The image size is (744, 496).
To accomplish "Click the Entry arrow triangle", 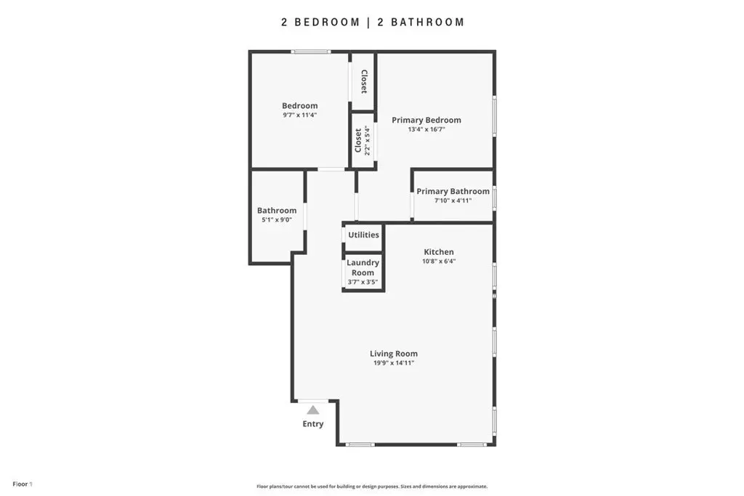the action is [x=312, y=410].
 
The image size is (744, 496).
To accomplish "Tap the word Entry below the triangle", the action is [x=313, y=424].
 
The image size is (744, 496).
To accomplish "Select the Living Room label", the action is [x=394, y=354].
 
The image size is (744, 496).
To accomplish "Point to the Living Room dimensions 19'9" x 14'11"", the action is [x=394, y=363].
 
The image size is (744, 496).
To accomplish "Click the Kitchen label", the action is [x=439, y=252].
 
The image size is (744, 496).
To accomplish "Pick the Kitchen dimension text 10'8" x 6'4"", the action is [x=439, y=261].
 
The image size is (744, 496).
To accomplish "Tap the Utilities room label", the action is [x=363, y=235].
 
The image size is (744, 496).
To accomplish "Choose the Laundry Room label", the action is [x=363, y=267].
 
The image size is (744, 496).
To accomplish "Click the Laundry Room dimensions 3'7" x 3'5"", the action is [x=363, y=282].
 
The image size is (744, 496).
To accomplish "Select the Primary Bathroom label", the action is [x=453, y=191].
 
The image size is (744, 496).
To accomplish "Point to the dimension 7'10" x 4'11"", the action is [x=453, y=200].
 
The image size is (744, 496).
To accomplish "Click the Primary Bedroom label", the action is [x=426, y=120].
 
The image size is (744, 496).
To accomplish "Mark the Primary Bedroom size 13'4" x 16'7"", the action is [x=426, y=129].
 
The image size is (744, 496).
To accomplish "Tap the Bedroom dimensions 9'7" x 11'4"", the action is [x=300, y=115].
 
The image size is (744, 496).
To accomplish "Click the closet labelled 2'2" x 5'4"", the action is [x=363, y=140].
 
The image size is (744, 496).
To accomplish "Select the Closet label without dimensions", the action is [x=364, y=81].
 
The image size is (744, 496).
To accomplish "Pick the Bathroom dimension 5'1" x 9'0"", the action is [x=277, y=220].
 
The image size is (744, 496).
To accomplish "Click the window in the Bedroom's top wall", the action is [x=311, y=52].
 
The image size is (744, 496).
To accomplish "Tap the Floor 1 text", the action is [x=23, y=484].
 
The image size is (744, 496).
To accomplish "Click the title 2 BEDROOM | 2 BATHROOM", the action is [x=373, y=23].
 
